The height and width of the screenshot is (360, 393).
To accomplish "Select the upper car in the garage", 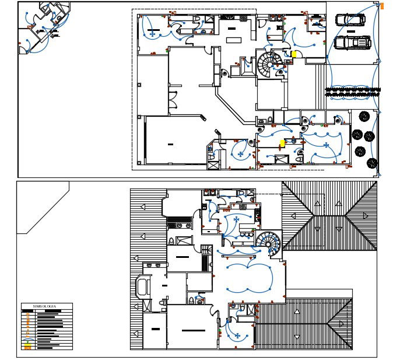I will pos(350,20).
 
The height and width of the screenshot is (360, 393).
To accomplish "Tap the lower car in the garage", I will pos(353,43).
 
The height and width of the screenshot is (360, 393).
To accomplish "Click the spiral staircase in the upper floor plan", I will pos(269,63).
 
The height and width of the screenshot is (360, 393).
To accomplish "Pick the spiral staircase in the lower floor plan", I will pos(268,242).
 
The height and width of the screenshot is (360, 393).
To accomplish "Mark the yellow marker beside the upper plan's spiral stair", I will pos(294,54).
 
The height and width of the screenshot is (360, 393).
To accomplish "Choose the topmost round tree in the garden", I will pos(364,116).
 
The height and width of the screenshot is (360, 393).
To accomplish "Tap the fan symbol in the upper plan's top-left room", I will pos(153,34).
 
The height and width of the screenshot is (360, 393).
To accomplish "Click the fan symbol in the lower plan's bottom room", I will pos(237,335).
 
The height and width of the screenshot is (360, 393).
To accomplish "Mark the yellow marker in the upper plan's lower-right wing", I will pos(282,142).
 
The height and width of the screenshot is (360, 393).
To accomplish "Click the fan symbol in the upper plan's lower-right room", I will pos(326,145).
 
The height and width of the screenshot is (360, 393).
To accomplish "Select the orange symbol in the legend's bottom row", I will pos(27,348).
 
